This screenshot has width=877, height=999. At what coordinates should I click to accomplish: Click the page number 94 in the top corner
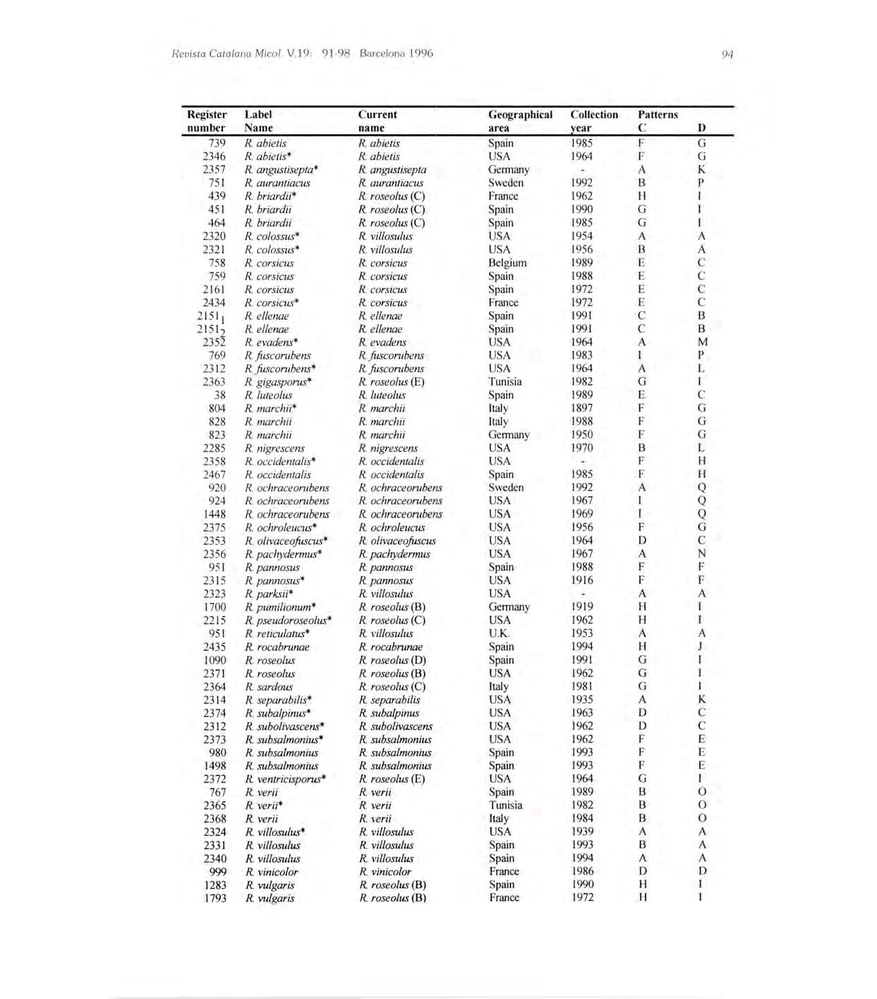(728, 54)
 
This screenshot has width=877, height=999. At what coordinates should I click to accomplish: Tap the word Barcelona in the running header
(384, 54)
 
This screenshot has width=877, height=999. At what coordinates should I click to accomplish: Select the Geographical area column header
(520, 121)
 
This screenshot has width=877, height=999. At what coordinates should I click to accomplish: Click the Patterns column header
(658, 114)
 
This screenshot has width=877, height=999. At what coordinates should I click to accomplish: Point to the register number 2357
(214, 169)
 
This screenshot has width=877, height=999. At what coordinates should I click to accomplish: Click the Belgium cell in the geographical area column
(507, 263)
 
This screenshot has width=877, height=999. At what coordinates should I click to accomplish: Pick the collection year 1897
(581, 408)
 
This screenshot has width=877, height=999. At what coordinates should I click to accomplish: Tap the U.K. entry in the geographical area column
(499, 633)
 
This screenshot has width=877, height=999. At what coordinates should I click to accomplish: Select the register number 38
(219, 395)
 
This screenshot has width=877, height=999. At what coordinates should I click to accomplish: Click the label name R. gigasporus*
(278, 382)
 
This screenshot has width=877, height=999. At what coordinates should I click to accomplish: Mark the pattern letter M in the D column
(702, 342)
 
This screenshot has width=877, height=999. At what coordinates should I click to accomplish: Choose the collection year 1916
(581, 580)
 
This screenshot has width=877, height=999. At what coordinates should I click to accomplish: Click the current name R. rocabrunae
(390, 646)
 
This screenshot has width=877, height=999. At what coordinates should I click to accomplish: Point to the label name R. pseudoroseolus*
(288, 620)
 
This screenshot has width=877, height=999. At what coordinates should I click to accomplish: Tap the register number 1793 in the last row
(214, 898)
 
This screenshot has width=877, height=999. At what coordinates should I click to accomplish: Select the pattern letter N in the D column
(702, 553)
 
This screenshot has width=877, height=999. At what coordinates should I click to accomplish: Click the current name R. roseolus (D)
(392, 660)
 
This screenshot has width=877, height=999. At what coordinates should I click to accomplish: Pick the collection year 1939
(581, 832)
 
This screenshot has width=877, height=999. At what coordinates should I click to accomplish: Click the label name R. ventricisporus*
(285, 779)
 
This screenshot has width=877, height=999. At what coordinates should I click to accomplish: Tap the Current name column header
(377, 121)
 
